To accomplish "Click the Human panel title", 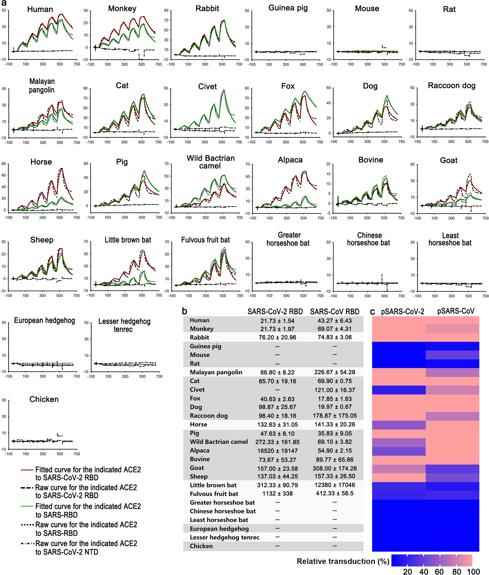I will tap(40, 9).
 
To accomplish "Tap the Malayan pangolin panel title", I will tap(42, 85).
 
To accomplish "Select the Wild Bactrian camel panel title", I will tap(211, 162).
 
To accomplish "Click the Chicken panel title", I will tap(44, 399).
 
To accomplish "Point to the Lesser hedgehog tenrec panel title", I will tap(124, 325).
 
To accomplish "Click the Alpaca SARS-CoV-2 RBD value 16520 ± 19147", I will tap(277, 451).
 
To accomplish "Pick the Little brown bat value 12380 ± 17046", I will tap(335, 485).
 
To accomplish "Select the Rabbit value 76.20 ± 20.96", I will tap(277, 337).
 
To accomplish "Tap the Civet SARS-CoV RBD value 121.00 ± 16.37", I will tap(335, 390).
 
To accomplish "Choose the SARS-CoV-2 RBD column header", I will tap(275, 312).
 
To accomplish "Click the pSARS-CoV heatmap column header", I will tap(456, 311).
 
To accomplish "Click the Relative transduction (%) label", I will tap(343, 561).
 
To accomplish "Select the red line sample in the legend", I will tap(27, 470).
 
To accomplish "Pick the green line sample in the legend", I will tap(27, 506).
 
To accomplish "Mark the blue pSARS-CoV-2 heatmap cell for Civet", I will tap(399, 390).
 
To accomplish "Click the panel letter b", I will tap(185, 311).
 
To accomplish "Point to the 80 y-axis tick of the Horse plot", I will tap(4, 164).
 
